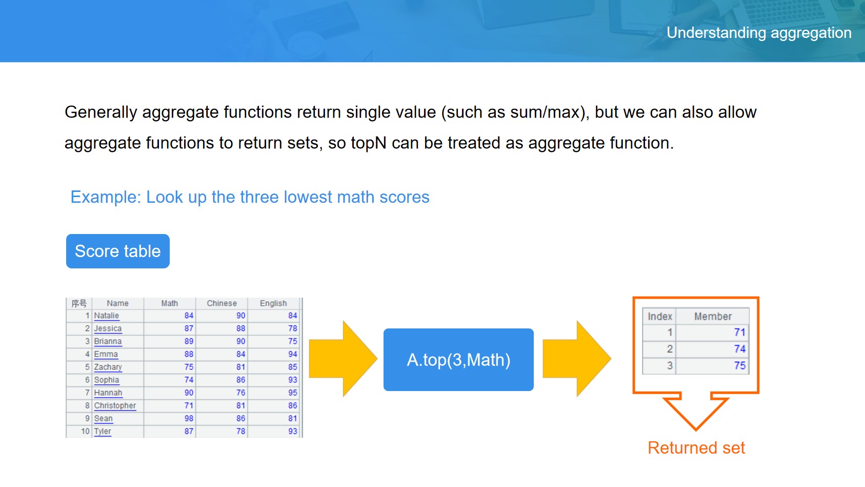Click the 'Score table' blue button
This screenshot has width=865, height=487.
click(118, 251)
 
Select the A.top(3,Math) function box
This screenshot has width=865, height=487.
click(458, 359)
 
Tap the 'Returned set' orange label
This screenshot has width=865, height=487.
click(696, 447)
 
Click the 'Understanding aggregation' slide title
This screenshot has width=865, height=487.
click(759, 32)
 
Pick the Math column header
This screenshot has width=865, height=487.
click(170, 303)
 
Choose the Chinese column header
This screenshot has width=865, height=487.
click(222, 303)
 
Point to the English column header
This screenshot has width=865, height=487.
click(273, 303)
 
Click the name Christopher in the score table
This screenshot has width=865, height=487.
click(115, 405)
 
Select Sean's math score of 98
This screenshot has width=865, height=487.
click(189, 418)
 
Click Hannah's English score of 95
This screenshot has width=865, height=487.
click(292, 393)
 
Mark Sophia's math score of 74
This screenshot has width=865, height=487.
click(189, 380)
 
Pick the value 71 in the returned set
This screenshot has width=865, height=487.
click(739, 332)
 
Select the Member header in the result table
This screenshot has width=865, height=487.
click(713, 316)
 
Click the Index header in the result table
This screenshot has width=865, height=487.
click(659, 316)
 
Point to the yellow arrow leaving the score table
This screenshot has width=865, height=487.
click(343, 359)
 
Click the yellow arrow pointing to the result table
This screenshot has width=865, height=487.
click(577, 359)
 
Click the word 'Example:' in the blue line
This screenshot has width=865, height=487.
click(106, 197)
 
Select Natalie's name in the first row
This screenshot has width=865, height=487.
click(107, 316)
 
